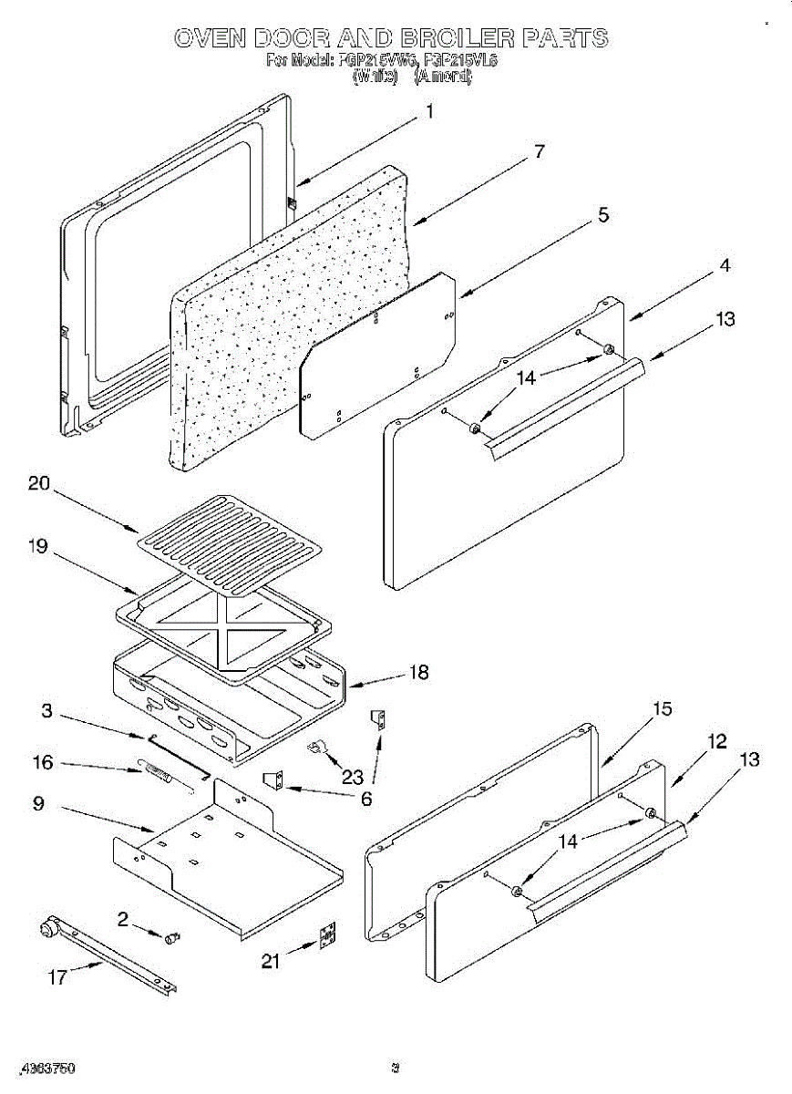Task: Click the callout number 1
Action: (x=428, y=112)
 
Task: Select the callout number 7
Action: (x=539, y=151)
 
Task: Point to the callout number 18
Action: (x=418, y=673)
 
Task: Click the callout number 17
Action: (x=57, y=977)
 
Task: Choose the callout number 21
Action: (x=270, y=960)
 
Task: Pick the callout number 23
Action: (x=352, y=777)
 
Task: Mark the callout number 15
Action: (x=662, y=709)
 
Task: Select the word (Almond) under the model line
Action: (x=443, y=77)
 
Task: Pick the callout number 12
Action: (x=717, y=742)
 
